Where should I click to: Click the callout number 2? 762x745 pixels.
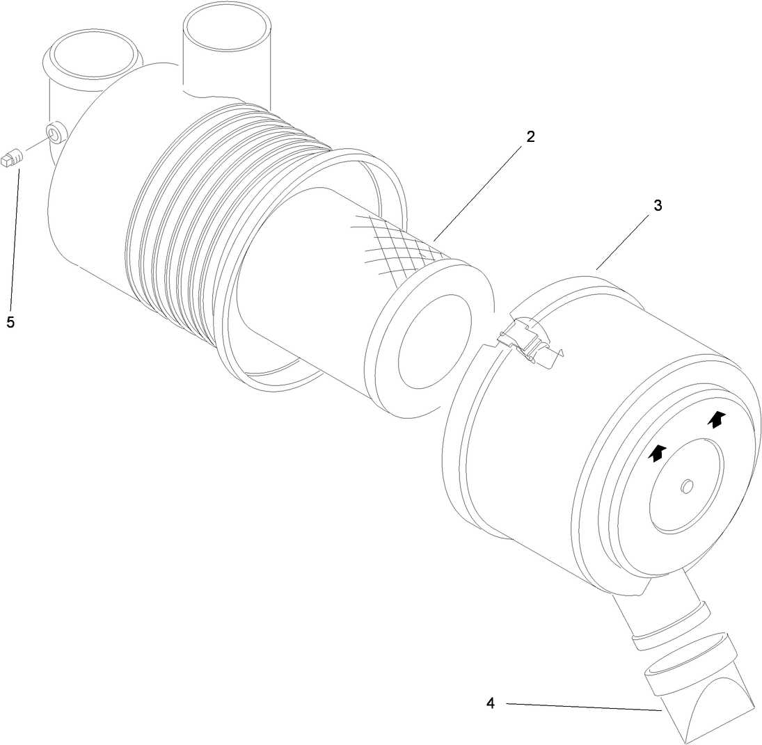pos(530,136)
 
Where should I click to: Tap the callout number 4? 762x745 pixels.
pos(491,703)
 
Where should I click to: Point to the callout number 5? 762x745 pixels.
pos(10,321)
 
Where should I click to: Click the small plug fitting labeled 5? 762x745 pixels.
pos(13,157)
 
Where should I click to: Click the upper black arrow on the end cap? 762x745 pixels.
pos(716,419)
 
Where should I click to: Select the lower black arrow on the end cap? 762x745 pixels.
pos(656,453)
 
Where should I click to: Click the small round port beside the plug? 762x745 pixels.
pos(55,131)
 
